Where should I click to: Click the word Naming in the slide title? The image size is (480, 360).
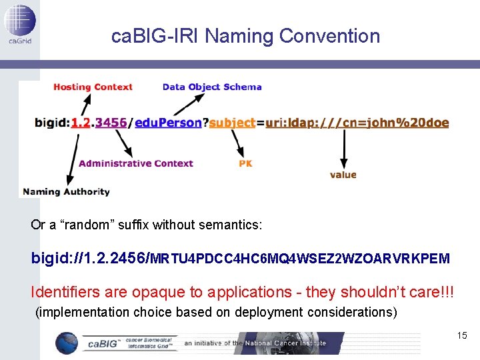239,36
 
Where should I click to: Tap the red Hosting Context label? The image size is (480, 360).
93,87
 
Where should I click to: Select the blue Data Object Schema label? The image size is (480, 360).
212,87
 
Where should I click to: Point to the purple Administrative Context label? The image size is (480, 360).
135,163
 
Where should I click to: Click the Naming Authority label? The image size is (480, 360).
66,192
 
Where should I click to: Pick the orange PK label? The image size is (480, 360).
245,163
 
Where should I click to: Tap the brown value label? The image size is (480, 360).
343,175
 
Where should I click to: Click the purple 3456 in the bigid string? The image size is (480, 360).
111,123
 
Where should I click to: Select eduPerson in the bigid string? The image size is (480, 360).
168,123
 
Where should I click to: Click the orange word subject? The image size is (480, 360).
232,123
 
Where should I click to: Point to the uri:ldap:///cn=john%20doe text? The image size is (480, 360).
357,123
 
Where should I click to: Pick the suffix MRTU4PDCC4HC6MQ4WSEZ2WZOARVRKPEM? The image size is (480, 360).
301,258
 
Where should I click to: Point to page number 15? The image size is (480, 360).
462,335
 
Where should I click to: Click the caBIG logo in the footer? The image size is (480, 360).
117,343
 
